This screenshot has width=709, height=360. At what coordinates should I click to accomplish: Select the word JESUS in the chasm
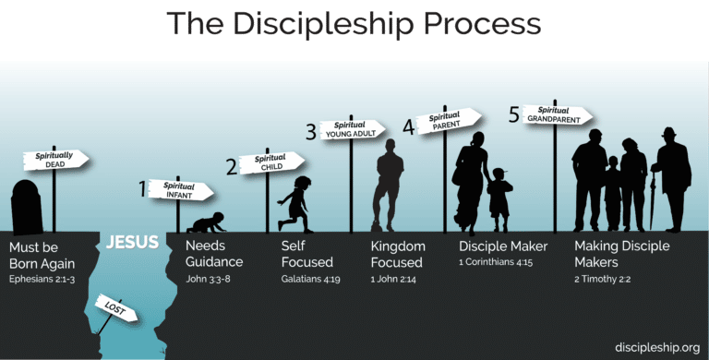click(x=132, y=244)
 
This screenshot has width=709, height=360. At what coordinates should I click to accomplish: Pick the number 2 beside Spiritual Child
click(x=232, y=166)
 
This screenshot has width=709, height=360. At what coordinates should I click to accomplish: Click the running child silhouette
click(x=297, y=204)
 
